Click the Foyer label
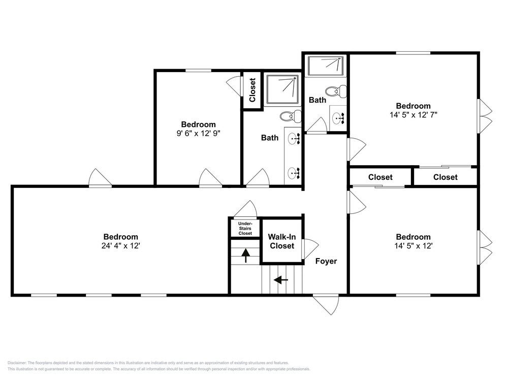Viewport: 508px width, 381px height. (x=326, y=261)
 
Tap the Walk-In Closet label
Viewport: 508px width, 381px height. (x=282, y=241)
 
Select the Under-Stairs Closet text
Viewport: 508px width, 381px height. (x=245, y=229)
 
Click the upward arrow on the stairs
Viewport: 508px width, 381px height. (x=245, y=256)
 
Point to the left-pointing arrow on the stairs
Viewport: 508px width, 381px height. (x=281, y=279)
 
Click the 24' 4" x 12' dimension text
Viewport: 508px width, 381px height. (x=120, y=246)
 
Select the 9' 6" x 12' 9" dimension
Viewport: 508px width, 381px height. (x=198, y=134)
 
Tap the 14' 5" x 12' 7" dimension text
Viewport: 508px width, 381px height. (x=414, y=115)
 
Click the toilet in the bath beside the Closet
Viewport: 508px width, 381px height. (x=290, y=116)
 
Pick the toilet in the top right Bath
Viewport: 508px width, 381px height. (x=336, y=91)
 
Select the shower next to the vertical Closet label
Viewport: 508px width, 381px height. (x=282, y=89)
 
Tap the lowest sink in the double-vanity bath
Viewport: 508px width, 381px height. (x=294, y=173)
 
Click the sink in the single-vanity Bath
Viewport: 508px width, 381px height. (x=338, y=118)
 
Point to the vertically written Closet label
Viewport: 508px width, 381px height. (x=252, y=90)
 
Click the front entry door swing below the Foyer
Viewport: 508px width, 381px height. (x=326, y=304)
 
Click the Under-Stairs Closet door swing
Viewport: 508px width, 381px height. (x=245, y=209)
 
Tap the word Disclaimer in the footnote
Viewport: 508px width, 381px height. (x=17, y=363)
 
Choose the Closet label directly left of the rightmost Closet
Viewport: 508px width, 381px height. (x=380, y=177)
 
